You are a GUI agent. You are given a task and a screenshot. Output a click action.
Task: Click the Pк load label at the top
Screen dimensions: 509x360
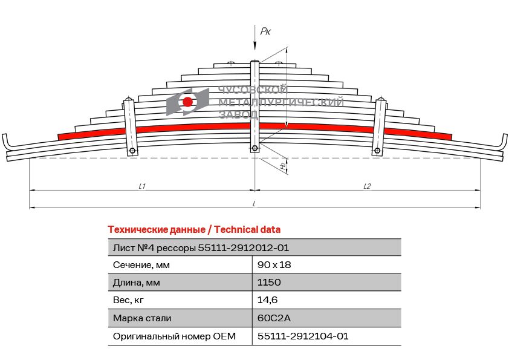click(x=265, y=31)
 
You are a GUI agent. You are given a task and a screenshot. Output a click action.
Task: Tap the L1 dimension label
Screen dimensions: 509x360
click(x=142, y=186)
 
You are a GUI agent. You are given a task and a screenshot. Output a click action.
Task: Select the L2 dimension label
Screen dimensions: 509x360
click(x=367, y=186)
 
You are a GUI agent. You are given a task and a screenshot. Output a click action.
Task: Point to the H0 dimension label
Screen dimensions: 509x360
click(x=283, y=165)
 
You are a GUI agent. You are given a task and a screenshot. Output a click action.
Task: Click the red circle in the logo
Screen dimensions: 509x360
click(x=187, y=102)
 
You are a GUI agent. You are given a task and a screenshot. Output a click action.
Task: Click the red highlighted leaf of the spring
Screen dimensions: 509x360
click(x=255, y=128)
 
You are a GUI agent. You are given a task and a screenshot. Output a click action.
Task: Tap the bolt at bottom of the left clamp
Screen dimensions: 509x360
click(x=132, y=151)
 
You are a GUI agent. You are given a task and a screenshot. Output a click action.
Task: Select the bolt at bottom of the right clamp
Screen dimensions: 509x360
click(x=377, y=151)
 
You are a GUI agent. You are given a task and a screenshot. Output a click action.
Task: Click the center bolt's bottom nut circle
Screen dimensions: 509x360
click(x=255, y=148)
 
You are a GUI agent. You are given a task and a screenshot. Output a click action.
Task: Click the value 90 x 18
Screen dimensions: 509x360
click(x=274, y=265)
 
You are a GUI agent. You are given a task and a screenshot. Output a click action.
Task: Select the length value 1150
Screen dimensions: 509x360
click(x=269, y=282)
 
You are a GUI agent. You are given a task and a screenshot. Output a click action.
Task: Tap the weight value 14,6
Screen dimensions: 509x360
click(x=267, y=300)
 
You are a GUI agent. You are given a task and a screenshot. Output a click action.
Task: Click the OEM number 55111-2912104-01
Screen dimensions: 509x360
click(x=303, y=336)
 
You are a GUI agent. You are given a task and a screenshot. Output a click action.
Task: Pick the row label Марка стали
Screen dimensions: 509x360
click(x=142, y=318)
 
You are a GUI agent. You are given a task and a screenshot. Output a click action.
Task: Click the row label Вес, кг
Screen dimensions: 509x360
click(x=128, y=300)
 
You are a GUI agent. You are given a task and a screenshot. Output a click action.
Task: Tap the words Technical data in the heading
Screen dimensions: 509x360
click(x=247, y=229)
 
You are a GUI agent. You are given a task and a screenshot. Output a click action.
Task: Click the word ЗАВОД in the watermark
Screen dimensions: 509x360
click(x=239, y=114)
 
